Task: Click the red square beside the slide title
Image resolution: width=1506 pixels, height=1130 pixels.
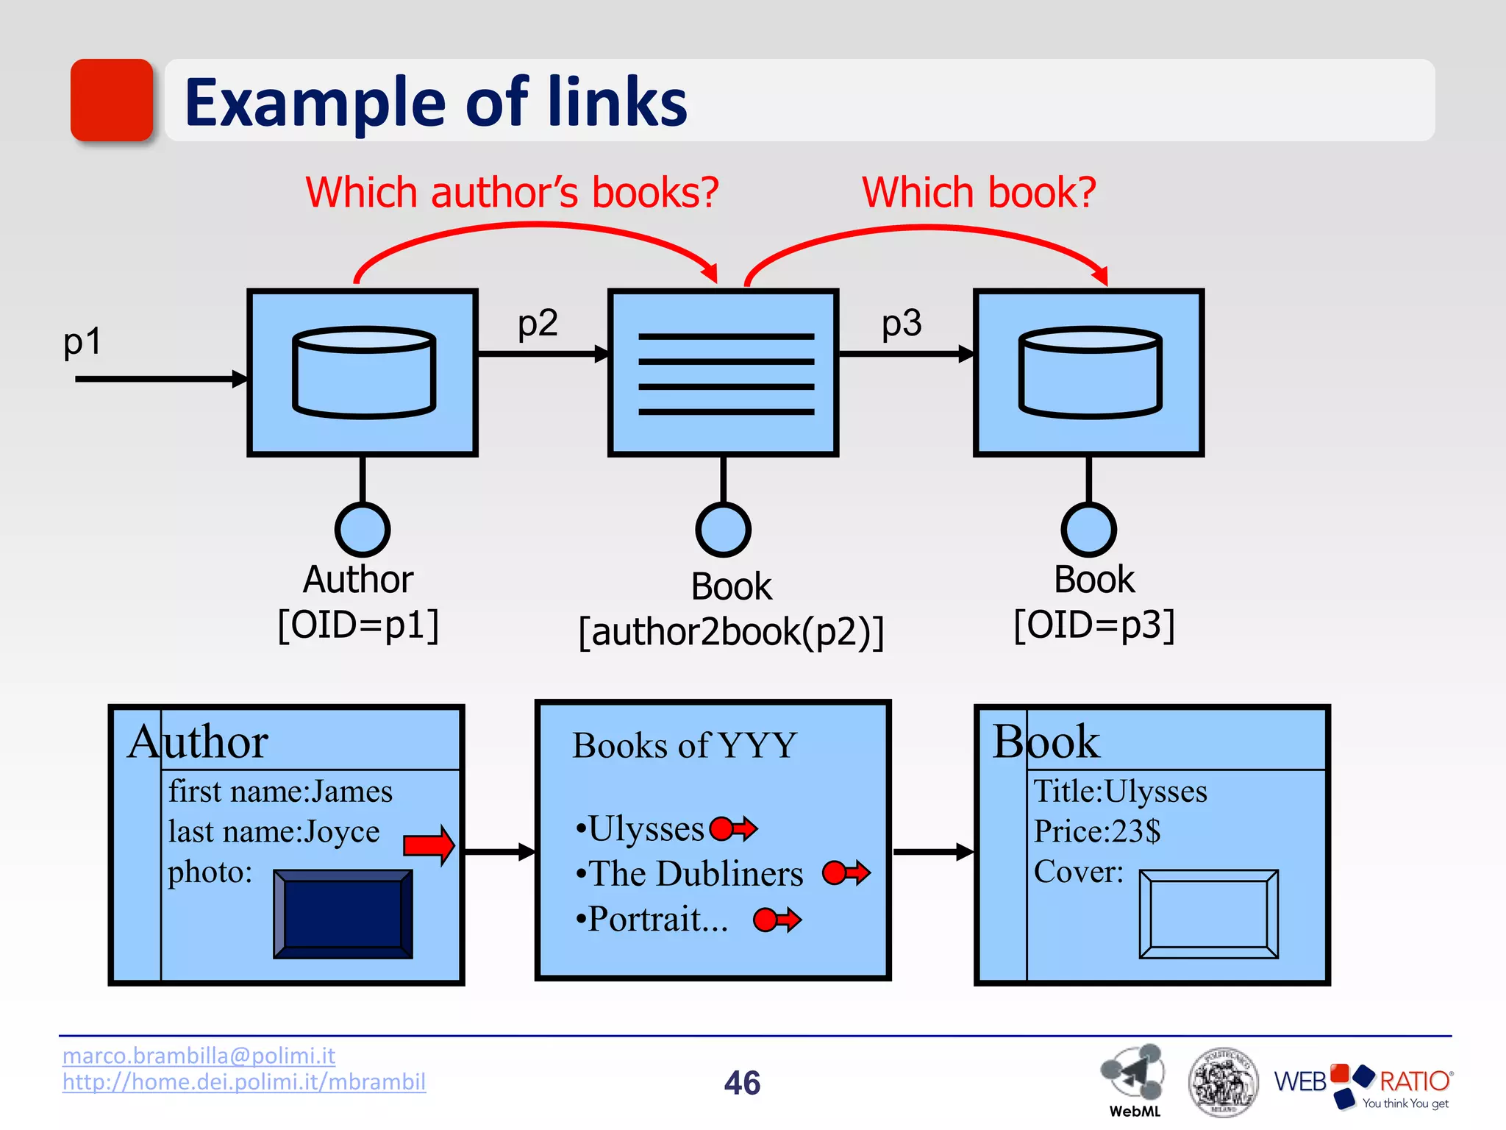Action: coord(112,100)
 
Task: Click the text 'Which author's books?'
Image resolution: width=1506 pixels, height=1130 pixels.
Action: coord(512,193)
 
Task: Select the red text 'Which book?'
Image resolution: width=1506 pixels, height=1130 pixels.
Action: coord(979,193)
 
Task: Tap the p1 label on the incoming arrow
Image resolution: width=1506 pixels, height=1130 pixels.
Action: coord(82,341)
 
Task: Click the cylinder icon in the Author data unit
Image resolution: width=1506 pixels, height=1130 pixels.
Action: coord(364,372)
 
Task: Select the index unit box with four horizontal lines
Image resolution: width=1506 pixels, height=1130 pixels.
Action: coord(724,372)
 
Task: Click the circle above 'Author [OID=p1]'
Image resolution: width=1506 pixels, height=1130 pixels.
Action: coord(363,529)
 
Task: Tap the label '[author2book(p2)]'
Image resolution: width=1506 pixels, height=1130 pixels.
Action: coord(731,631)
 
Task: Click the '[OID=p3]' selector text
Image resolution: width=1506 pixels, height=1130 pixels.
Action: coord(1094,625)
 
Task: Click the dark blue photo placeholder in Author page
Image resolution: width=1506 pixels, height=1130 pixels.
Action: coord(343,914)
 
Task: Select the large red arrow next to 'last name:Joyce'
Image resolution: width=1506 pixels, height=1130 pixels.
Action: coord(429,845)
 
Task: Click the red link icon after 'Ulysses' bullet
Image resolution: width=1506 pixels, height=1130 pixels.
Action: coord(733,829)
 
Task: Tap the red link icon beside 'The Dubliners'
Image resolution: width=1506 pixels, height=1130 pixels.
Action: coord(846,873)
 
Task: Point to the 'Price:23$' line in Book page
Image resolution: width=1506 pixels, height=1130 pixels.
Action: coord(1097,831)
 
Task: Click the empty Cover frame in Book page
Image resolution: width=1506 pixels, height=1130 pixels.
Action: coord(1208,914)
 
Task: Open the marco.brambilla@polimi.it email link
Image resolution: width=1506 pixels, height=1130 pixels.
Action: coord(199,1056)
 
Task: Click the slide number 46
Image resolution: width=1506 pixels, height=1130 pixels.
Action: coord(742,1083)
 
